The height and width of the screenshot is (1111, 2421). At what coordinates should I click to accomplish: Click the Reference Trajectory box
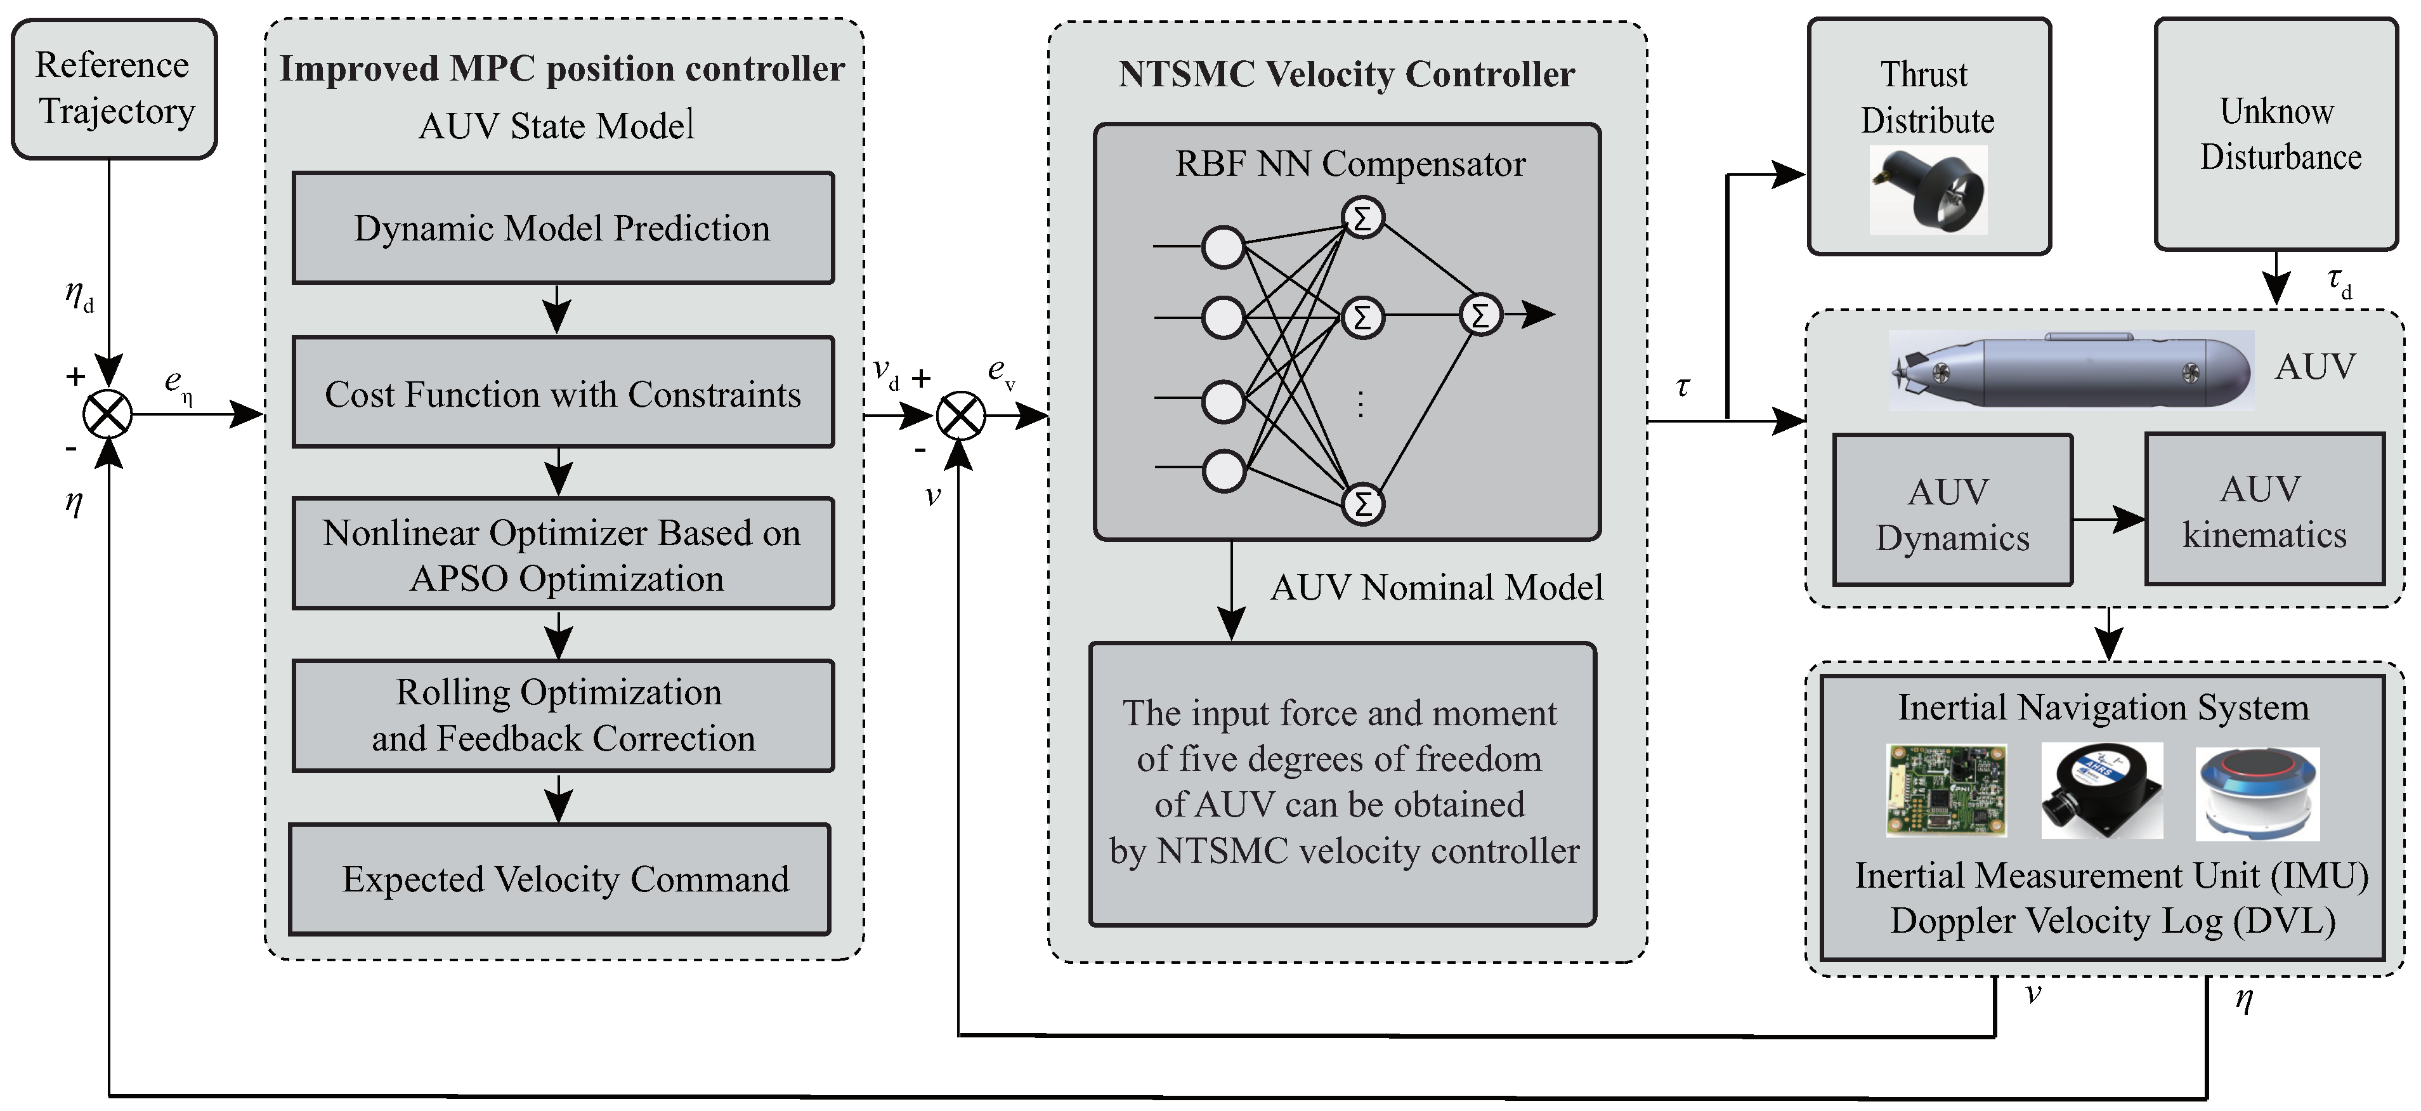tap(114, 88)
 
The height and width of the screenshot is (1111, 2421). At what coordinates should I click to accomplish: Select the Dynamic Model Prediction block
tap(562, 227)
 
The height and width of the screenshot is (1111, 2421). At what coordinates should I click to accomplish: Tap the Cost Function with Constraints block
tap(562, 392)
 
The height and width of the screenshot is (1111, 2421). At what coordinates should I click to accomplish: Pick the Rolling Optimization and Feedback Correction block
tap(562, 715)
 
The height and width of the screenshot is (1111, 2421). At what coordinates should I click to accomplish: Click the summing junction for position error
tap(108, 414)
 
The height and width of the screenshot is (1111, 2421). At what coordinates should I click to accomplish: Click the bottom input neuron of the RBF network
tap(1224, 470)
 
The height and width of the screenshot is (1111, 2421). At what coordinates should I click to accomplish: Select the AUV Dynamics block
tap(1952, 510)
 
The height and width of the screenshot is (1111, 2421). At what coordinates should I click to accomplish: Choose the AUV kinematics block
tap(2264, 509)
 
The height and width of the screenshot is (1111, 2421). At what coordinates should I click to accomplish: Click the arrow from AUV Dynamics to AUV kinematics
tap(2108, 519)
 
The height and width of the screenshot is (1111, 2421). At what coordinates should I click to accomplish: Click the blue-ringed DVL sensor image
tap(2257, 792)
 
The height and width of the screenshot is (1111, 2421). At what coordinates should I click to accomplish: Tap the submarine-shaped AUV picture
tap(2070, 369)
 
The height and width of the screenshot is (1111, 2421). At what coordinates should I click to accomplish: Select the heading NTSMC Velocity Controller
tap(1346, 74)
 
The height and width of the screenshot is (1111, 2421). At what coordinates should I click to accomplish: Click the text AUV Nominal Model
tap(1436, 588)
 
